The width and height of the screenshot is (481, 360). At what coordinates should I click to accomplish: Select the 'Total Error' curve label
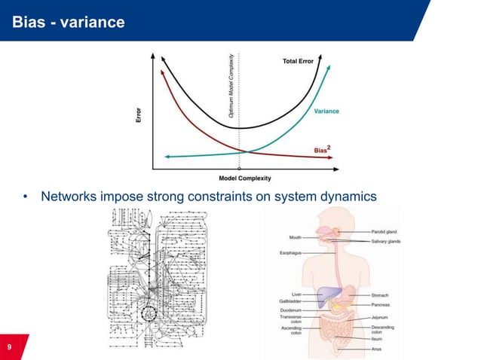coord(298,61)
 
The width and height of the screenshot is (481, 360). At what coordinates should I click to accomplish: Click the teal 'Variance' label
coord(326,111)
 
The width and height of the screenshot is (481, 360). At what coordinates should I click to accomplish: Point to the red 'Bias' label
coord(322,149)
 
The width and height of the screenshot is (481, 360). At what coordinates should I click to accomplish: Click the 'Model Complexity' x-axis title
coord(244,178)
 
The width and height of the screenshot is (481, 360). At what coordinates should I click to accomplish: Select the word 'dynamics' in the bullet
coord(349,197)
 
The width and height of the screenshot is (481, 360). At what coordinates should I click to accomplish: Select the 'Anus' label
coord(378,349)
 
